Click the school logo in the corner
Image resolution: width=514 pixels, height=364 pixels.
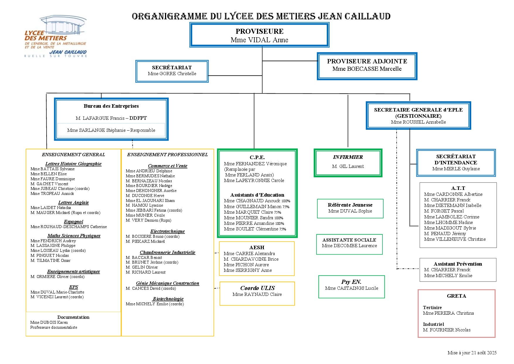(56, 37)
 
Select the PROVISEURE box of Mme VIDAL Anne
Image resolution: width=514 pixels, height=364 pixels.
(259, 36)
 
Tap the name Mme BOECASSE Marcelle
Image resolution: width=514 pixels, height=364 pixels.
(367, 69)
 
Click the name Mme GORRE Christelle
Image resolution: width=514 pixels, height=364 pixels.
(172, 74)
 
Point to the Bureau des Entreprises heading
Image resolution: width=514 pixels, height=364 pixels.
(111, 106)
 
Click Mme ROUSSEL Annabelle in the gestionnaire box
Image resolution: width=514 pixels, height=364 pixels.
(418, 122)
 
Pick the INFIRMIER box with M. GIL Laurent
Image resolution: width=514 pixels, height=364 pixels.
(348, 163)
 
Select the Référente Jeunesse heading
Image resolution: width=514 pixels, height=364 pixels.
(350, 205)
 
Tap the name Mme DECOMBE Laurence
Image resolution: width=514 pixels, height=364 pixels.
(349, 246)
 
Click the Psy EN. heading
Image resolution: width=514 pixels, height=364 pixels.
(351, 282)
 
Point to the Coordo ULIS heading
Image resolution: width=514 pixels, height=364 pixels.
(257, 288)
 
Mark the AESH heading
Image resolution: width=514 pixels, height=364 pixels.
(257, 247)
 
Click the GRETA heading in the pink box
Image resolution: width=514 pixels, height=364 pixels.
(456, 296)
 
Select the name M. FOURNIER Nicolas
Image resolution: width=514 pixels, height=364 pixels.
(447, 330)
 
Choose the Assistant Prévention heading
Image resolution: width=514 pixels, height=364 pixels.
(458, 264)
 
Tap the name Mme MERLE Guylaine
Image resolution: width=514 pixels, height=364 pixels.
(456, 169)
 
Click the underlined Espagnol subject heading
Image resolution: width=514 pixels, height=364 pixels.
(73, 222)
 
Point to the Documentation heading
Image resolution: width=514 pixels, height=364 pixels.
(73, 317)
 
